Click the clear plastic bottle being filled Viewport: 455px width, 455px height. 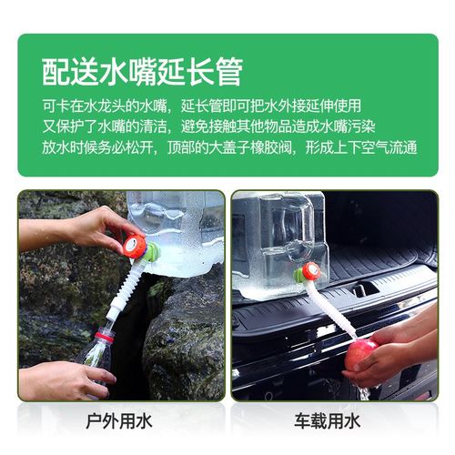[x=96, y=350]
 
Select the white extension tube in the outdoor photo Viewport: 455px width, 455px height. [x=123, y=290]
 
